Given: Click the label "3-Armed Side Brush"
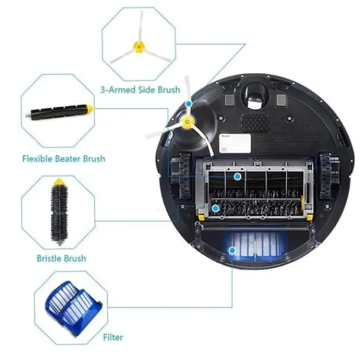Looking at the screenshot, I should coord(140,90).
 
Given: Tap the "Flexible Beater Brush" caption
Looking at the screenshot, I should coord(64,159).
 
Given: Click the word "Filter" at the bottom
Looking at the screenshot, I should coord(113,338).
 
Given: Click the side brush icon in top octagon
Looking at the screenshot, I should coord(139,46).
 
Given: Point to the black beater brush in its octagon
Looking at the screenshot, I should coord(58,112).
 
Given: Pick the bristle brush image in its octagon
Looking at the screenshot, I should coord(59,211).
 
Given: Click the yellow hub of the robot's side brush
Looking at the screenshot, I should coord(187,124).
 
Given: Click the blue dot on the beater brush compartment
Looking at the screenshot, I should coord(238,177).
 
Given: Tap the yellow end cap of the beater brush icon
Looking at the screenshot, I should coord(89,110).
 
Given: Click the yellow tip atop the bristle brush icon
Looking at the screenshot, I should coord(59,182).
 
